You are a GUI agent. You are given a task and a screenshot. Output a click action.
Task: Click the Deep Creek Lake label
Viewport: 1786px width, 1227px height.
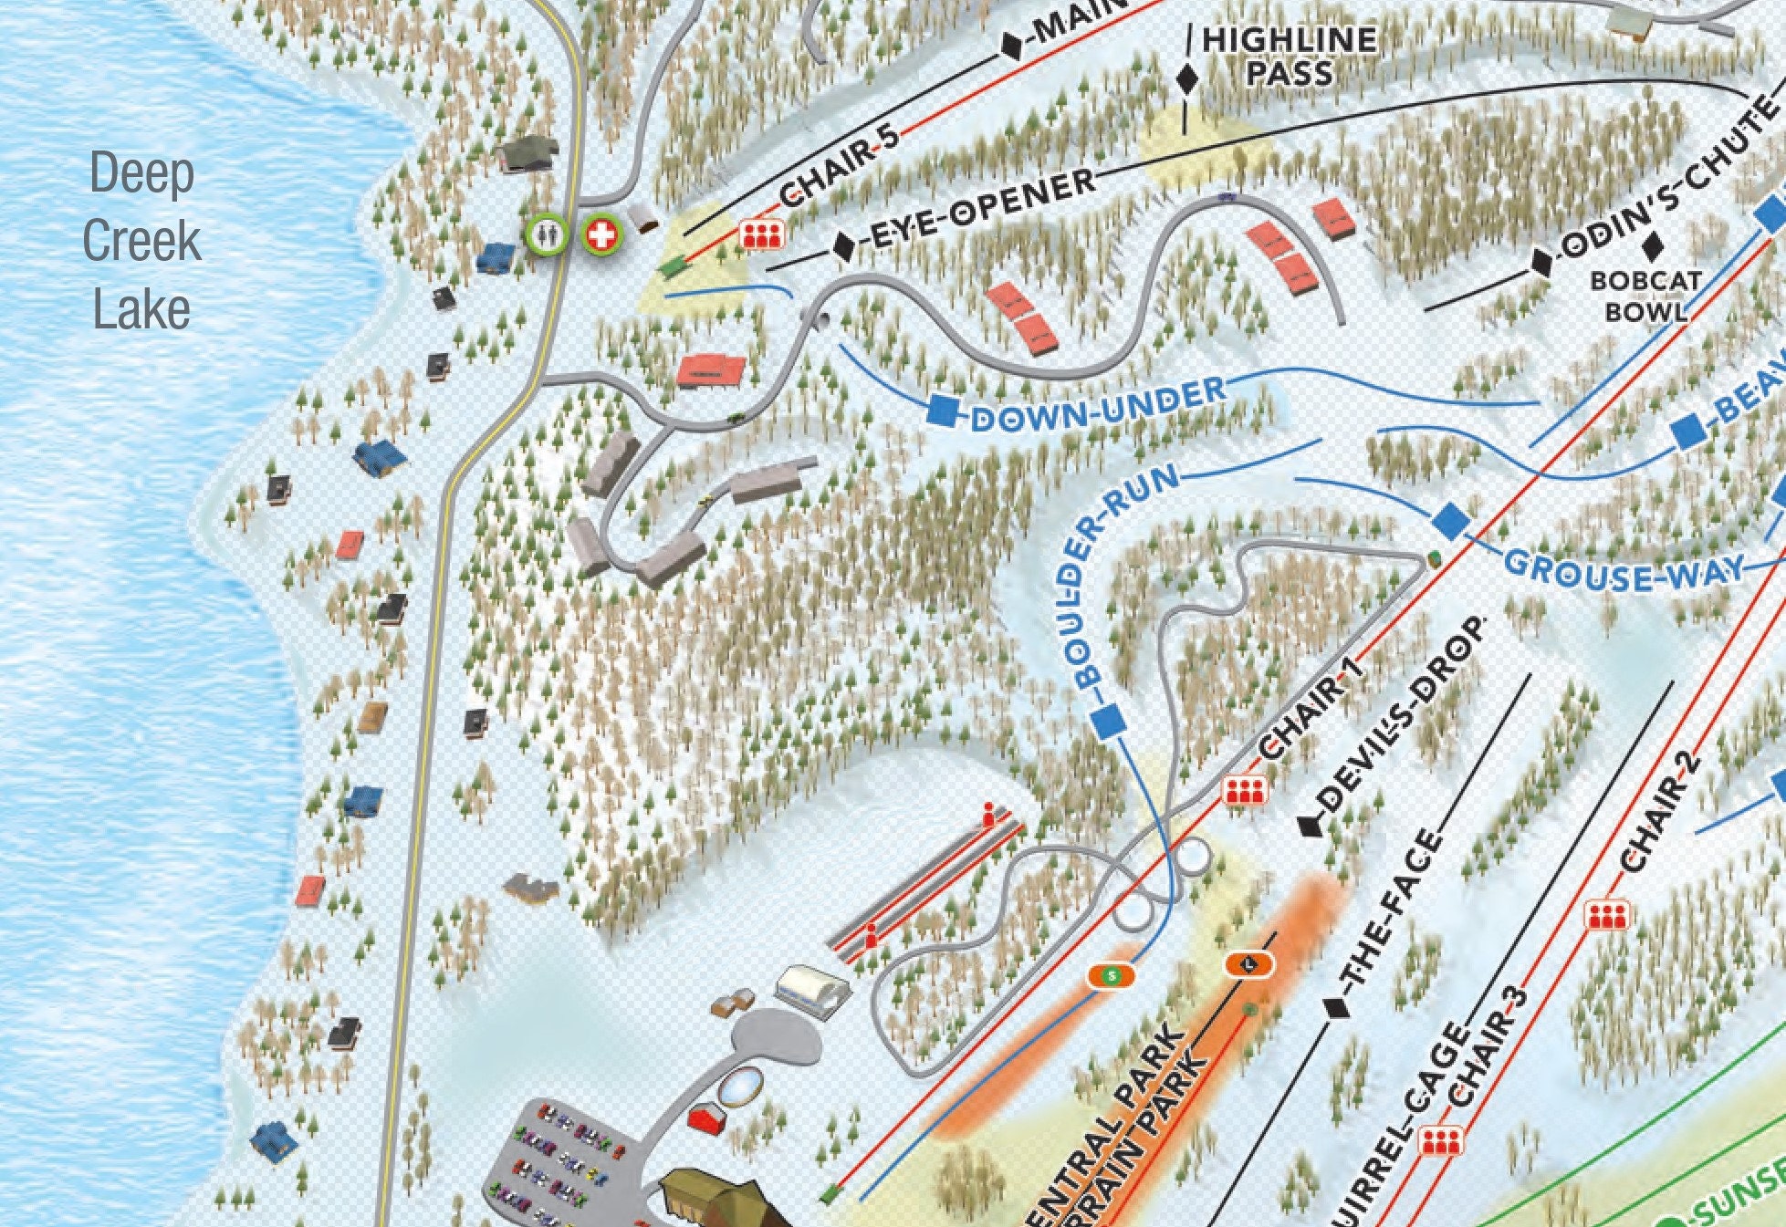[141, 241]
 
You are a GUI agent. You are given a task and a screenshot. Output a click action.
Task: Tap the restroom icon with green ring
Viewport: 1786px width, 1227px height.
[546, 234]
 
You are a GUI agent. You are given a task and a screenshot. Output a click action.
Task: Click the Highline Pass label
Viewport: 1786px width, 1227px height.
[1288, 57]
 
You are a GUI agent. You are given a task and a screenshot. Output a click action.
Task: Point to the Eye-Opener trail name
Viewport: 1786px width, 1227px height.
[982, 209]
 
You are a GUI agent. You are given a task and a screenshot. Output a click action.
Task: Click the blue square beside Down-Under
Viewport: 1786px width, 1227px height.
[944, 410]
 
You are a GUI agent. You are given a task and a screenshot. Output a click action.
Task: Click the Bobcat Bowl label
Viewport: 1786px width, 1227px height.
[1645, 296]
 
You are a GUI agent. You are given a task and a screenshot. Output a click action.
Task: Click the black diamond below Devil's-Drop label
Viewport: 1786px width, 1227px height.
[1310, 827]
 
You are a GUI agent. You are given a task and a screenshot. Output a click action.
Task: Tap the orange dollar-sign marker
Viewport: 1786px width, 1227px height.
[1111, 975]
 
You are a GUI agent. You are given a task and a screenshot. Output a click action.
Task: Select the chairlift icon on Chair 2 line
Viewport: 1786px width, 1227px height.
[1607, 915]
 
